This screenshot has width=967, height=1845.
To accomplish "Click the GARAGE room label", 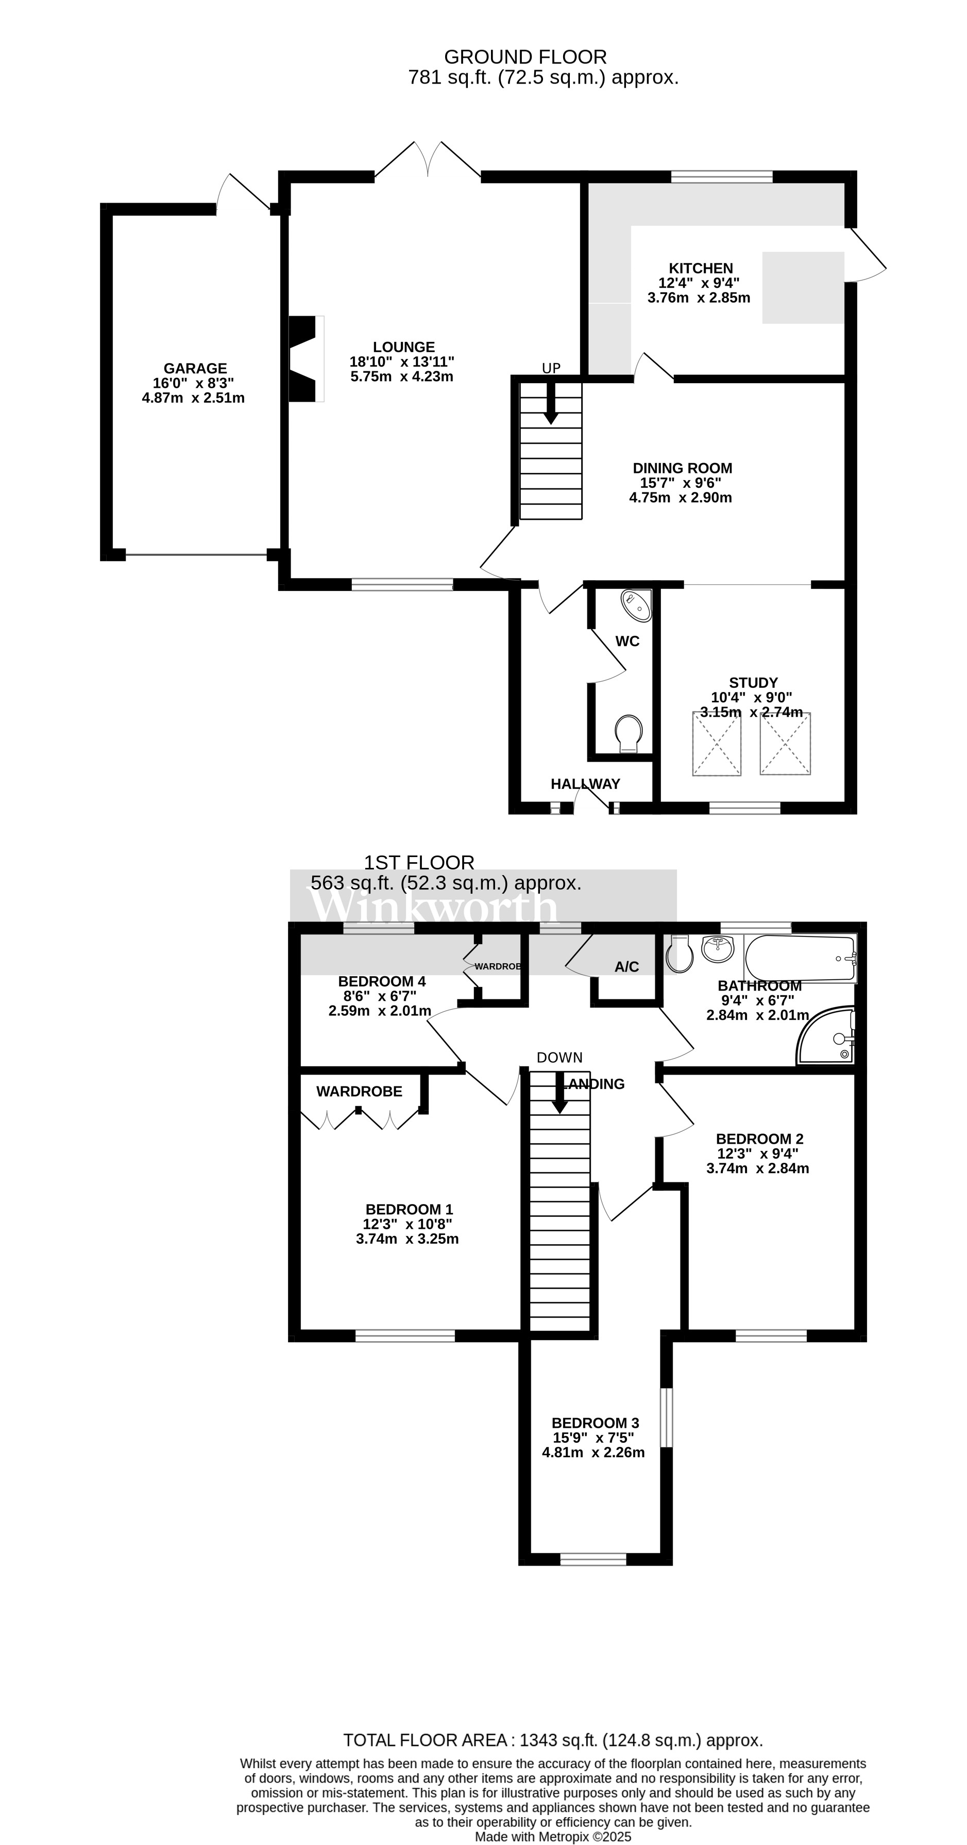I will [195, 368].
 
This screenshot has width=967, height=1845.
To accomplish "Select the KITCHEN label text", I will [701, 268].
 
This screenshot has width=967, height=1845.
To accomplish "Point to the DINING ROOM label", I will [682, 468].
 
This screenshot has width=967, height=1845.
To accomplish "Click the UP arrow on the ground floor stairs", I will [550, 403].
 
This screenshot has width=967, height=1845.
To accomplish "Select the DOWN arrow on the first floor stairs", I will [559, 1092].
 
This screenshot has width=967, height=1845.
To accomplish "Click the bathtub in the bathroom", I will [800, 958].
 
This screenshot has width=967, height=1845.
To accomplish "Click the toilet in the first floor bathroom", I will [679, 954].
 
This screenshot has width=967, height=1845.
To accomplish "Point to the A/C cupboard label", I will [626, 967].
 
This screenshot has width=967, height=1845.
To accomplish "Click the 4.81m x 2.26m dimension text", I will [593, 1453].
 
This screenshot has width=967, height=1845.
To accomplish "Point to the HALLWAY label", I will [585, 784].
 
